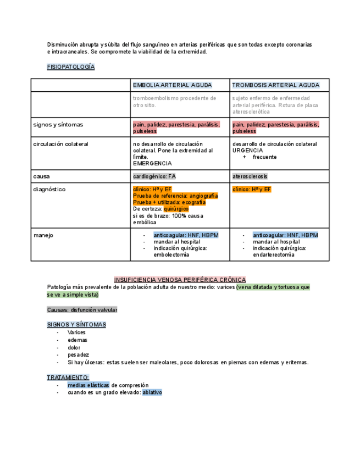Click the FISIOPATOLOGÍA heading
(x=71, y=67)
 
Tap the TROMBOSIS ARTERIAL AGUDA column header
(x=275, y=85)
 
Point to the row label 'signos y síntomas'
(x=58, y=125)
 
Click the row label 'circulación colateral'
(x=60, y=144)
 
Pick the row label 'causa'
(x=42, y=176)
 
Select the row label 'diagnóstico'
(x=49, y=190)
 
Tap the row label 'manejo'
(x=43, y=235)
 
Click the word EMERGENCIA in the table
(x=152, y=164)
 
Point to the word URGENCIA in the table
(x=247, y=151)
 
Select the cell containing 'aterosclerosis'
(x=250, y=176)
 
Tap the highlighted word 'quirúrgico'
(x=176, y=209)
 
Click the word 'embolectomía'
(x=171, y=255)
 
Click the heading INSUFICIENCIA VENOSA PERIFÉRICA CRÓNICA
(x=180, y=280)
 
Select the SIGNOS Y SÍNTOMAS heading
(x=76, y=325)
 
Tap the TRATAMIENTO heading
(x=68, y=378)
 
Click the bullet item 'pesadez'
(x=78, y=355)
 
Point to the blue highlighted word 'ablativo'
(x=152, y=393)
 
